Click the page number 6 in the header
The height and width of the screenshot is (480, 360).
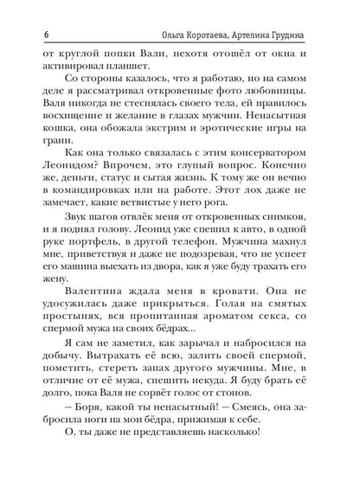coord(43,32)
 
